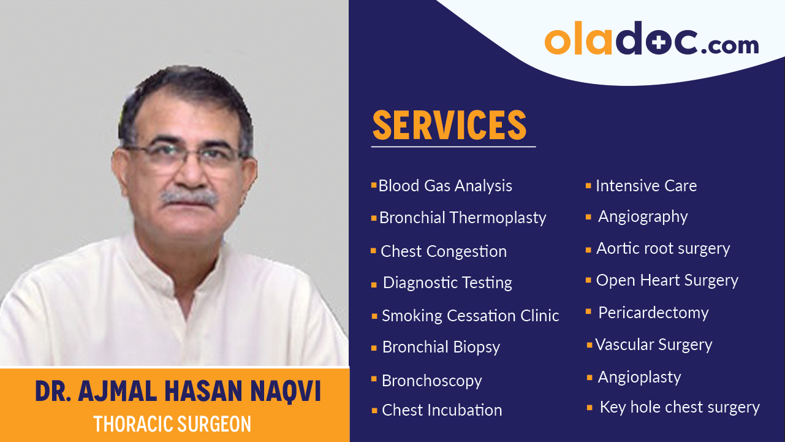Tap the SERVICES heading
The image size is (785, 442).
tap(450, 125)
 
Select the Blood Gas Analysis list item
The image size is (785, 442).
tap(445, 186)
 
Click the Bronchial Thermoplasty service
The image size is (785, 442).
tap(462, 218)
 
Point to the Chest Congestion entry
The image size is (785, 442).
tap(443, 251)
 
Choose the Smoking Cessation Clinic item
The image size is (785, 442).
tap(470, 316)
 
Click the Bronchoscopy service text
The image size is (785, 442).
tap(431, 381)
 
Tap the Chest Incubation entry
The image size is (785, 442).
tap(441, 410)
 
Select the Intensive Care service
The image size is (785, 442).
tap(646, 186)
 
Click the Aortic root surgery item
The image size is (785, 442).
tap(663, 248)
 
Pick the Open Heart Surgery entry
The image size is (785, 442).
tap(667, 280)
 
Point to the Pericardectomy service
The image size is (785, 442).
tap(653, 313)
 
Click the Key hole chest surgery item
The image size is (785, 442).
tap(679, 407)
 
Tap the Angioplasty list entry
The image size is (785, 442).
tap(639, 377)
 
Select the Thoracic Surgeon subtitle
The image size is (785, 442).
tap(172, 424)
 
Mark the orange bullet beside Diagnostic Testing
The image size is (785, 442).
tap(374, 284)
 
